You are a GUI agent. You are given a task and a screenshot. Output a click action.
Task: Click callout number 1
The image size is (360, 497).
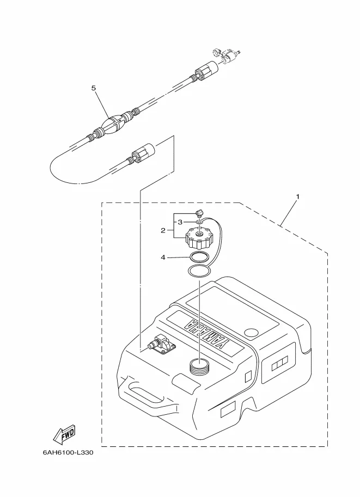297,197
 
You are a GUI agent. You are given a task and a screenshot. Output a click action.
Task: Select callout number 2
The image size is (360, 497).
163,230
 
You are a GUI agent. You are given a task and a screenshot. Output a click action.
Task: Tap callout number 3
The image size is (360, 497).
180,222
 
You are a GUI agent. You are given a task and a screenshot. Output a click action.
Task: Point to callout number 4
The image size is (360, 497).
163,257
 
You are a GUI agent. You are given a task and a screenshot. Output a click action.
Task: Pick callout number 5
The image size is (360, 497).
94,88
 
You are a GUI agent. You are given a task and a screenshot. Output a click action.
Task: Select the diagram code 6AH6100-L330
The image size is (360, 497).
68,452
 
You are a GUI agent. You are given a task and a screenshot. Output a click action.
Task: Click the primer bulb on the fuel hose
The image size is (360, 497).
113,124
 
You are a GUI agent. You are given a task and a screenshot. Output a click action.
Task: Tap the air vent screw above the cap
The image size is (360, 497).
200,213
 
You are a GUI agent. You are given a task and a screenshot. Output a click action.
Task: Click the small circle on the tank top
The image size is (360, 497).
252,333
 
